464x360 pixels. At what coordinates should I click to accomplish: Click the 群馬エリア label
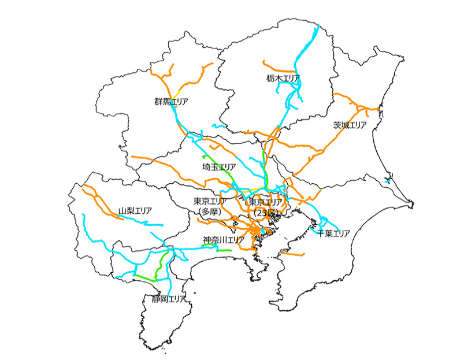click(171, 102)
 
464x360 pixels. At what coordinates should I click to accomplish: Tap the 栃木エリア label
click(284, 77)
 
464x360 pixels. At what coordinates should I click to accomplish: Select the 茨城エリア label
click(350, 125)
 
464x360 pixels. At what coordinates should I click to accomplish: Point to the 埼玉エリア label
click(220, 167)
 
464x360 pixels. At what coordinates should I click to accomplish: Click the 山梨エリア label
click(135, 211)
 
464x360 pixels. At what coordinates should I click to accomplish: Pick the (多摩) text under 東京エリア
click(210, 211)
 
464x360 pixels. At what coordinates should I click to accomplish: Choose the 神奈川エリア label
click(224, 239)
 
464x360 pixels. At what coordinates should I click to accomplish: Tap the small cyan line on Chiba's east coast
click(388, 181)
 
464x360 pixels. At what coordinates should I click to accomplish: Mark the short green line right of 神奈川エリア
click(224, 250)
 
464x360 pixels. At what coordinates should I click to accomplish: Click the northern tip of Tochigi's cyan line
click(316, 27)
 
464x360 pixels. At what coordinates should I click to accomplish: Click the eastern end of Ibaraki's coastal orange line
click(378, 108)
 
